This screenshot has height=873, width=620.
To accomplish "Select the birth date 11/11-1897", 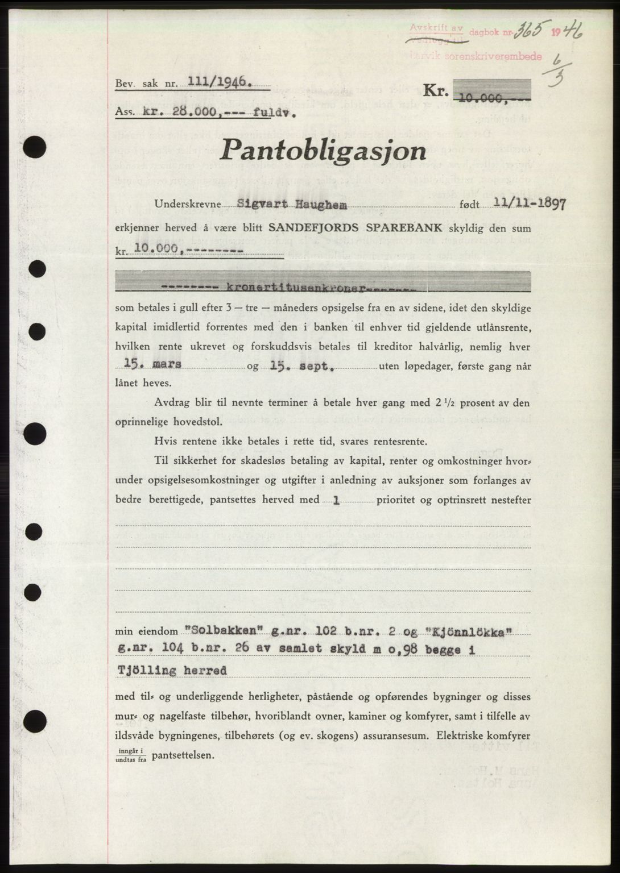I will (530, 204).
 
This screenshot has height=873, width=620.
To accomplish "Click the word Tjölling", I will (146, 671).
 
